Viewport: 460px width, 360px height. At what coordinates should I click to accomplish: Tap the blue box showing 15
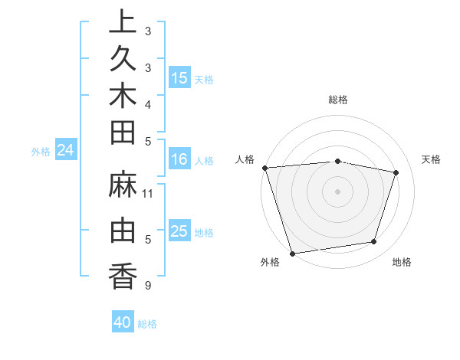179,78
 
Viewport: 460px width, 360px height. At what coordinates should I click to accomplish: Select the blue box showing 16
179,160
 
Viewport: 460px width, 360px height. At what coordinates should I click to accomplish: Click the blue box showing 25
179,231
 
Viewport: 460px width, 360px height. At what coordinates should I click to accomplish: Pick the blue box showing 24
66,151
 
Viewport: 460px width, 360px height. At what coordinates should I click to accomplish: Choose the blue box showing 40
123,322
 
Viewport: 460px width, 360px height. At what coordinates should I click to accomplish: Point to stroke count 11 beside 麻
148,194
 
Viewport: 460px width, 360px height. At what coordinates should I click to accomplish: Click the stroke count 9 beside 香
147,286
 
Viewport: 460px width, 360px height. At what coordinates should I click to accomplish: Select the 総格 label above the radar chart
337,100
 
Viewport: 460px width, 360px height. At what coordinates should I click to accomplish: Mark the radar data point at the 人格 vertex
264,168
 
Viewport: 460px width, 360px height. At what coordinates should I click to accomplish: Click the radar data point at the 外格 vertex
292,253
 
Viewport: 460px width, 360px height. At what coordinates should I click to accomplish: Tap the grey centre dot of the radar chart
337,191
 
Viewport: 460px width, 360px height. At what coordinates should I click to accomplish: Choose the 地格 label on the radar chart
402,263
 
